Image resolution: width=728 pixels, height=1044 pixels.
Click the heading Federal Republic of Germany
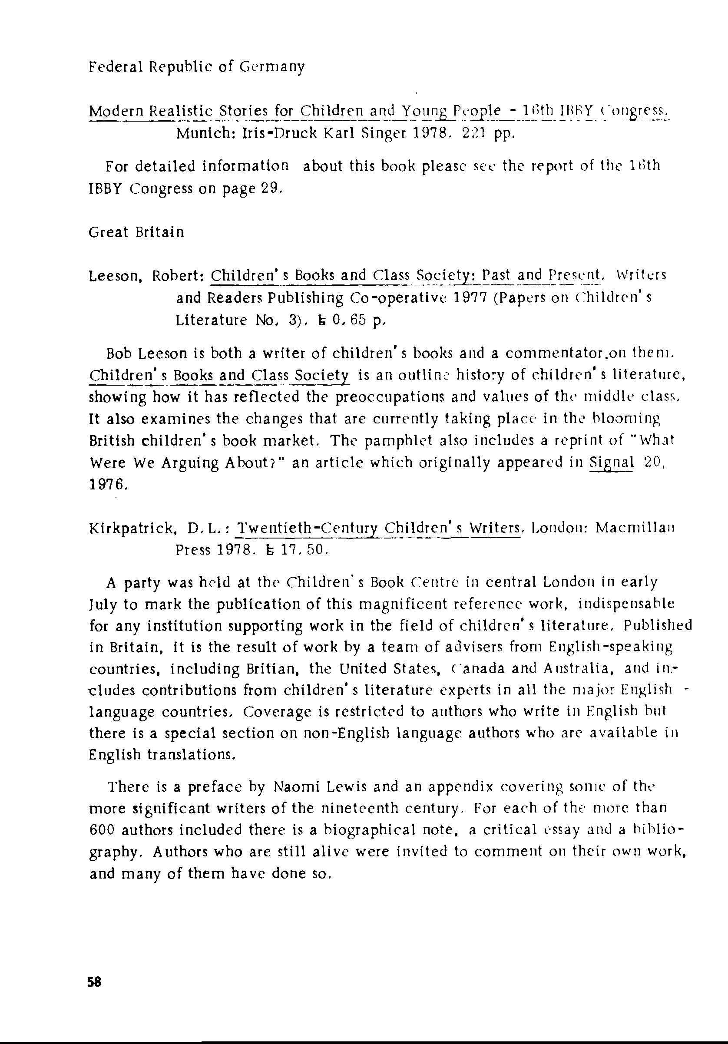pyautogui.click(x=196, y=67)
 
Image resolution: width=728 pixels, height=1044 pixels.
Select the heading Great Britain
pyautogui.click(x=136, y=232)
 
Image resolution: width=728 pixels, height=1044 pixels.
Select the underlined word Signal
pyautogui.click(x=611, y=463)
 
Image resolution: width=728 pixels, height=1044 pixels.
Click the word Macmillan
pyautogui.click(x=635, y=529)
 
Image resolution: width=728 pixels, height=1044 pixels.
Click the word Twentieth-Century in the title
pyautogui.click(x=308, y=529)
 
